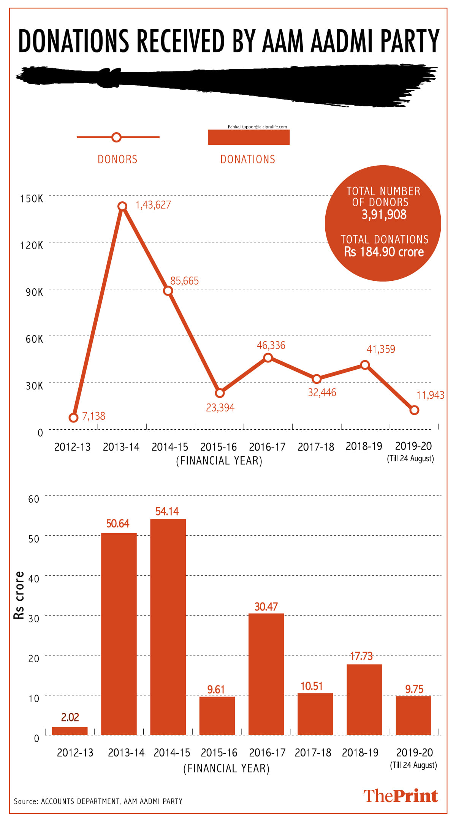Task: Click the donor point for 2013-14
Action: pos(122,206)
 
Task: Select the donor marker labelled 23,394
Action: pos(220,393)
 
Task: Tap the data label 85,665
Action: pos(184,281)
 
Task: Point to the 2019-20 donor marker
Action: pos(415,410)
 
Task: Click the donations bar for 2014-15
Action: pos(168,627)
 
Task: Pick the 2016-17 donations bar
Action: pos(266,674)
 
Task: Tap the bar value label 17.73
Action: pos(361,656)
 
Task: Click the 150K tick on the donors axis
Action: pos(32,199)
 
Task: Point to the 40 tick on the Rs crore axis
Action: pos(34,579)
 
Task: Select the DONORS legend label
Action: pos(117,159)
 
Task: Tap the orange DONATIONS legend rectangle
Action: pos(249,137)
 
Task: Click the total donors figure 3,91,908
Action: pos(384,215)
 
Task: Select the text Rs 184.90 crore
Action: pos(384,252)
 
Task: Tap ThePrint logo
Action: pos(401,796)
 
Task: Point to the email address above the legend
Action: pos(257,127)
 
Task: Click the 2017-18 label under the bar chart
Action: pos(313,753)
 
